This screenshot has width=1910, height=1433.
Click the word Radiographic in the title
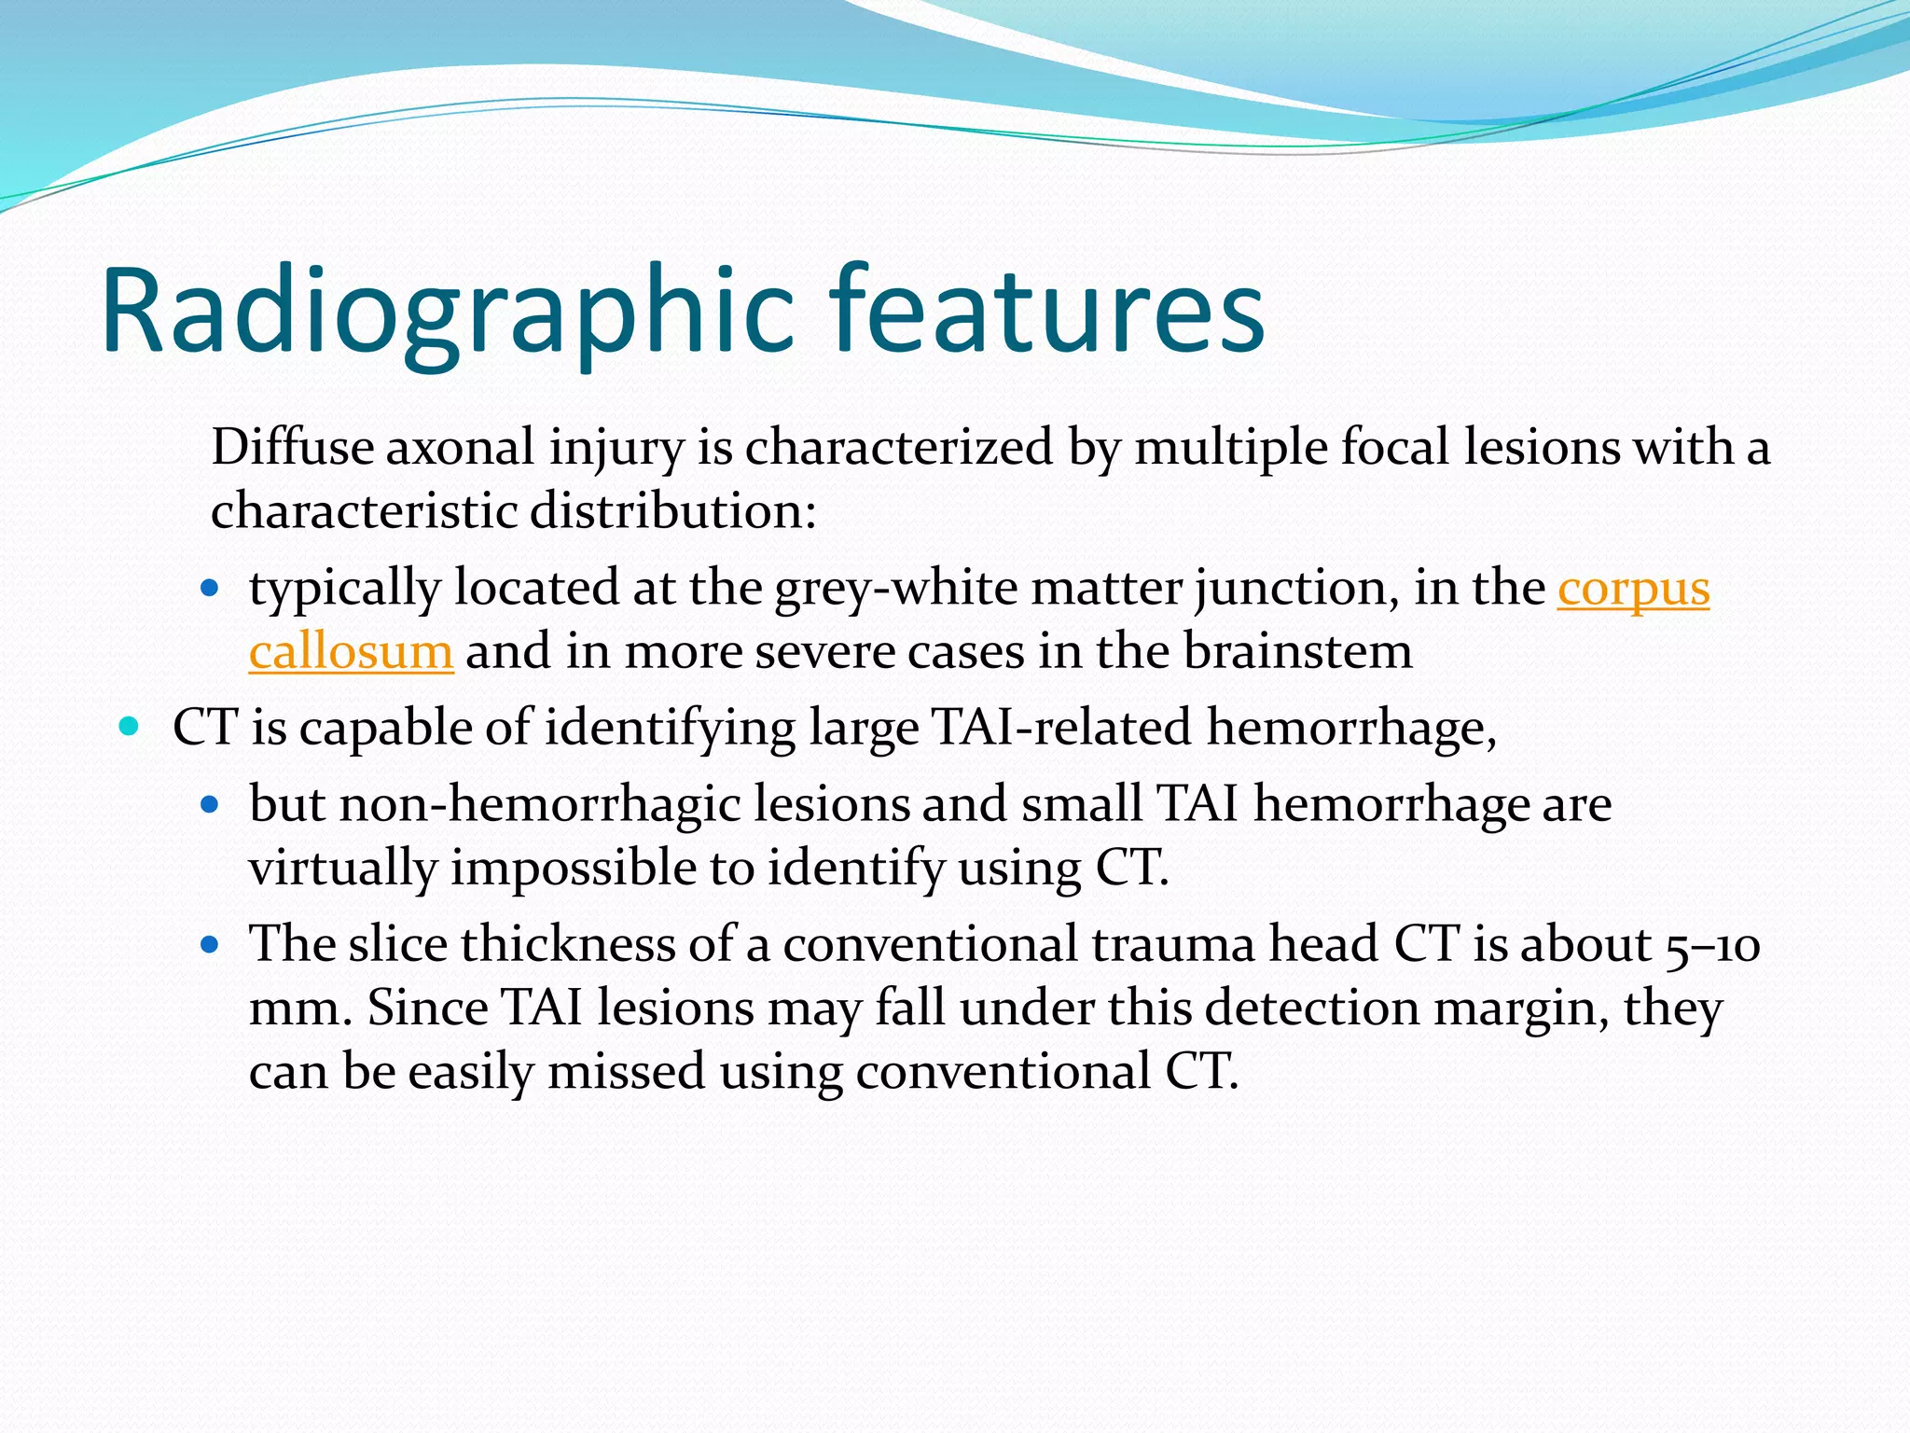click(448, 313)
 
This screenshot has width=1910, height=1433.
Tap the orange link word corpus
click(1633, 590)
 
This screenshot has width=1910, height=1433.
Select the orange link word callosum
click(351, 651)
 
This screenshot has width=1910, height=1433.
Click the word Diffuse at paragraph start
click(292, 447)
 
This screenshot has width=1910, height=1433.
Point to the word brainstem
click(1298, 651)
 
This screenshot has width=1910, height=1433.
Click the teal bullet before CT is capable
click(130, 726)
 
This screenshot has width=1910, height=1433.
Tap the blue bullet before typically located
click(210, 590)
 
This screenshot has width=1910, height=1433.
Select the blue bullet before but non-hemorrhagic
click(210, 803)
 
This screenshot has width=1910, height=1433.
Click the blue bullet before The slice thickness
click(210, 944)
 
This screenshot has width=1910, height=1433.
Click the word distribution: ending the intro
click(673, 512)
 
